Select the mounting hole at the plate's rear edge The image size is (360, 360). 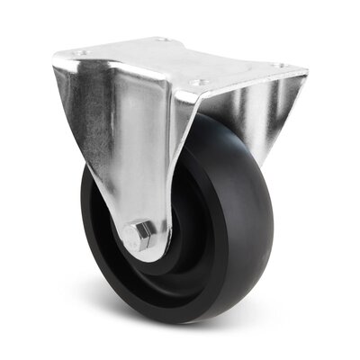coord(162,40)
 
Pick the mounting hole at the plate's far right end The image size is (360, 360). coord(278,66)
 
